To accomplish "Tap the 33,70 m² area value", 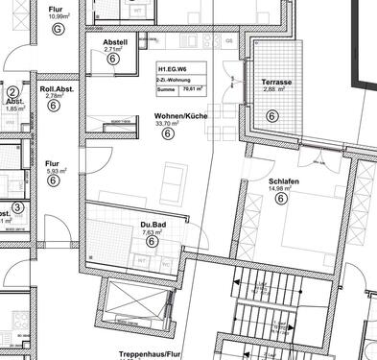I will pyautogui.click(x=168, y=124).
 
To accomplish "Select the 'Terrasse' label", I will pyautogui.click(x=277, y=83).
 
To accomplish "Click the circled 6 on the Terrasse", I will pyautogui.click(x=271, y=116).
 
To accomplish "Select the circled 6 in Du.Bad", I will pyautogui.click(x=152, y=242).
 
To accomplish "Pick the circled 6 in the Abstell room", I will pyautogui.click(x=113, y=59).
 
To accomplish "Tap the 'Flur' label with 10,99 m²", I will pyautogui.click(x=56, y=9).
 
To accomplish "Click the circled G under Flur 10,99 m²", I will pyautogui.click(x=57, y=30).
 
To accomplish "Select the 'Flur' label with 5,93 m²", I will pyautogui.click(x=53, y=163).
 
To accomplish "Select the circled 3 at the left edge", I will pyautogui.click(x=17, y=206).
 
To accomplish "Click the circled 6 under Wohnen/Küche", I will pyautogui.click(x=168, y=134).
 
